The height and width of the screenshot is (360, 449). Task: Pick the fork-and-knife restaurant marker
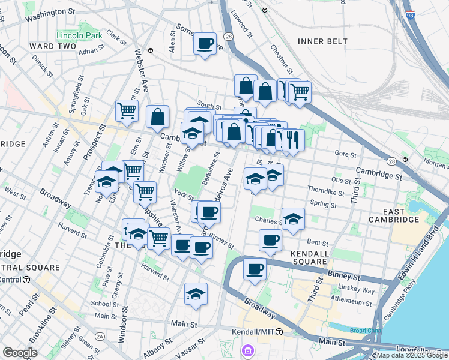(x=293, y=140)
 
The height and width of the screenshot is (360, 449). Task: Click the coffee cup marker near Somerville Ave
(x=205, y=44)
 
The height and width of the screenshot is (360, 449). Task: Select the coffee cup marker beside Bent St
(x=271, y=241)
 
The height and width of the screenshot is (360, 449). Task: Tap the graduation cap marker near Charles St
(x=293, y=219)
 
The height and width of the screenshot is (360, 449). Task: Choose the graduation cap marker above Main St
(x=196, y=294)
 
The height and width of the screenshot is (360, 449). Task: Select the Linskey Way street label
(x=360, y=291)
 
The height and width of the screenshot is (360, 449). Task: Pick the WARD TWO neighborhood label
(x=53, y=46)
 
